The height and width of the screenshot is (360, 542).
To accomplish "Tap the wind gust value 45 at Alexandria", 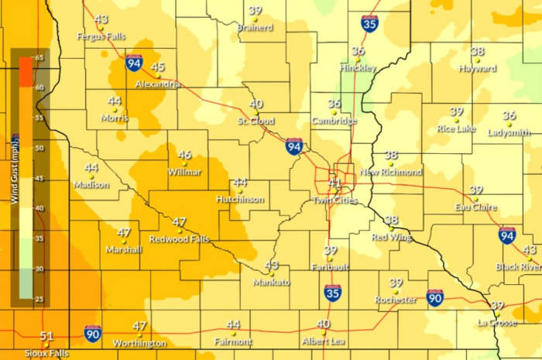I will point(158,67).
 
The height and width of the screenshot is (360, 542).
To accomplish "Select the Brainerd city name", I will point(255,28).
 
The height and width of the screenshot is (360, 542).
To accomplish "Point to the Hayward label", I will point(477,68).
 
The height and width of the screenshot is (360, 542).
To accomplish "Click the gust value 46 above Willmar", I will point(184,155).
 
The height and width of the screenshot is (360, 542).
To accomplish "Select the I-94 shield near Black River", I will point(507,236).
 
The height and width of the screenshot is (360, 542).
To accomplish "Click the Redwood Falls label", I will point(179,239).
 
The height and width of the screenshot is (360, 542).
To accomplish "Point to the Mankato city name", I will point(271,283).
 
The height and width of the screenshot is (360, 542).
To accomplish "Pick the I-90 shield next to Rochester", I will point(434,297).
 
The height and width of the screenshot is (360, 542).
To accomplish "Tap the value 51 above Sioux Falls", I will point(46,336).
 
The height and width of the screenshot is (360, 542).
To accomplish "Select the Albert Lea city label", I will point(324,341).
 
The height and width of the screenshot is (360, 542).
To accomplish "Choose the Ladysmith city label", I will point(509,132).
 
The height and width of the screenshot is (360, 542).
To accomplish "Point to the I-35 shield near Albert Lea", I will point(332,293).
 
